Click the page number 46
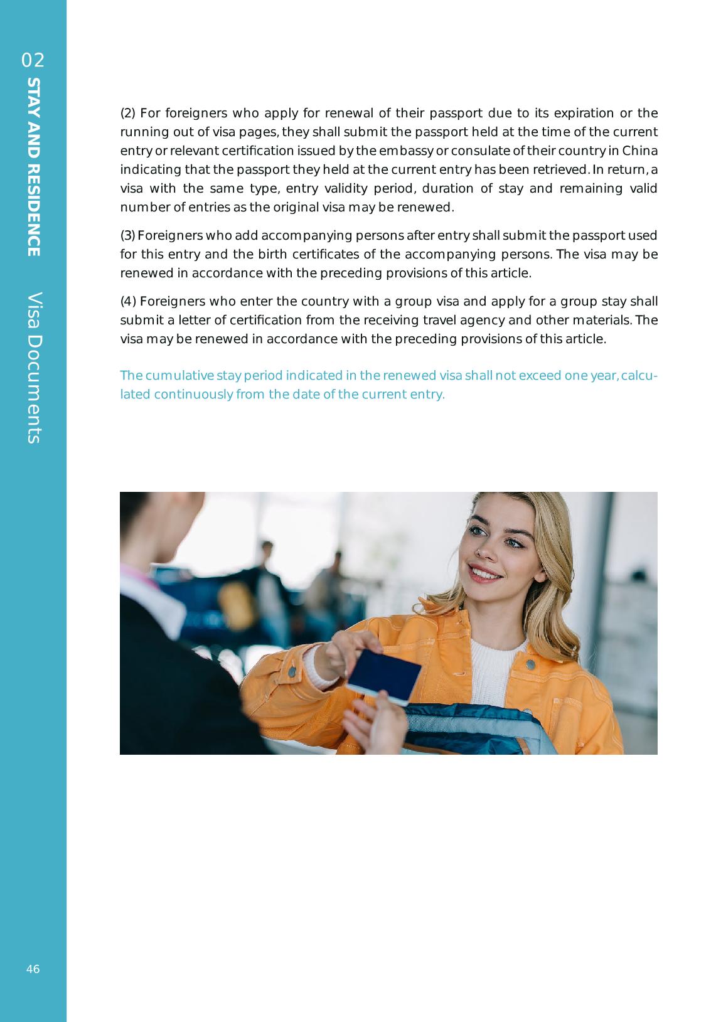33,969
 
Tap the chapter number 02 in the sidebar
33,60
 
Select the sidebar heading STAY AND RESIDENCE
34,167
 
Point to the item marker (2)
127,114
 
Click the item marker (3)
127,236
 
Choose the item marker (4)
127,302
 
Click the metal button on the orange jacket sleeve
292,672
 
